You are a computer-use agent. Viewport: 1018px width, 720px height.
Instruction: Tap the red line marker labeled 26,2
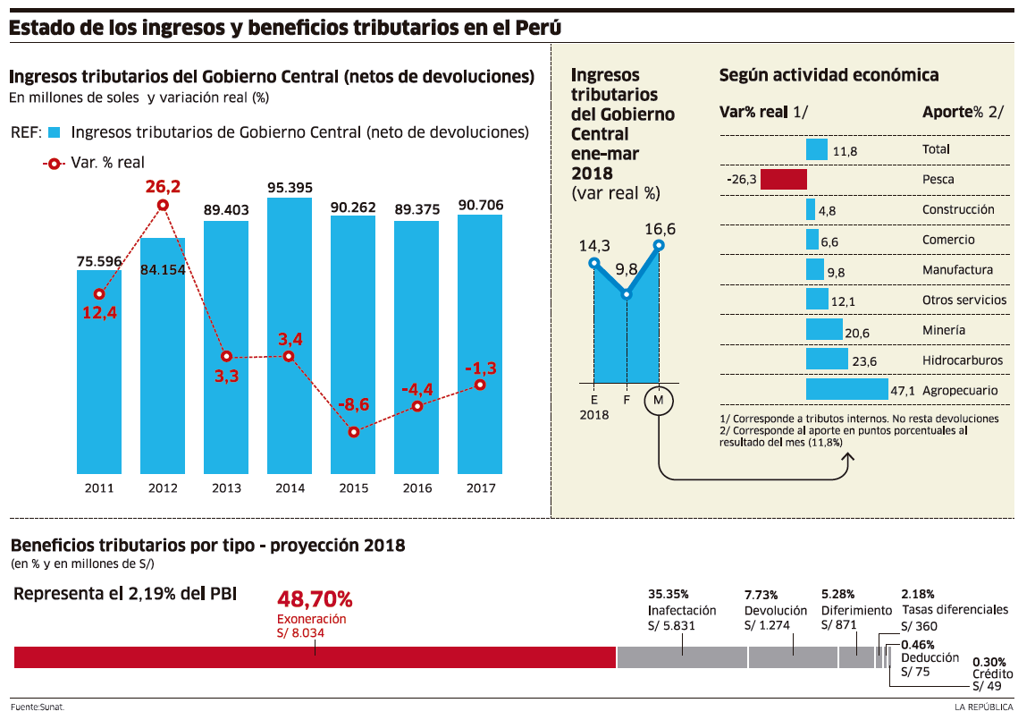coord(163,205)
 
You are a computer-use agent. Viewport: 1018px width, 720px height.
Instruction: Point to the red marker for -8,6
coord(354,432)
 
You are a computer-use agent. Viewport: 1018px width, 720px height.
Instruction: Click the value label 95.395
coord(290,188)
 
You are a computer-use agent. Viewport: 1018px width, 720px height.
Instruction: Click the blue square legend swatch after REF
coord(54,133)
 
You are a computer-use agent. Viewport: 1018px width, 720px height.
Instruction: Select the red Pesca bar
coord(783,179)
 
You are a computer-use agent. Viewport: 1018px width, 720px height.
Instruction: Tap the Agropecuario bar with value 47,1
coord(846,390)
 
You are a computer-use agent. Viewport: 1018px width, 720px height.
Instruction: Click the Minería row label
coord(944,330)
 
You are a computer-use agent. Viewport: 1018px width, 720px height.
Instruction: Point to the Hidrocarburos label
coord(962,360)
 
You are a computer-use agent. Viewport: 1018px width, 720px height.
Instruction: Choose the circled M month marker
coord(659,400)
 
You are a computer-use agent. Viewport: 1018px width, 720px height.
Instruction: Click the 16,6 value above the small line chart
coord(660,229)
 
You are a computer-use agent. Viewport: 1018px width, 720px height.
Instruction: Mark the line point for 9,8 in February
coord(627,293)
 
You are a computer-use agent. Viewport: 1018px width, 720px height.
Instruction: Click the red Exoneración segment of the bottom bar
coord(315,656)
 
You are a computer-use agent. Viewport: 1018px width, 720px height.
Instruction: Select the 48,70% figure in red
coord(315,598)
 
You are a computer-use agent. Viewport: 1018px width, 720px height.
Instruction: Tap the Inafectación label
coord(682,610)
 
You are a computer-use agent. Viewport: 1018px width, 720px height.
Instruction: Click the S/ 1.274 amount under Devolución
coord(767,625)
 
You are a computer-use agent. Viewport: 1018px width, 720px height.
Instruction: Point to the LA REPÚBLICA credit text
coord(983,707)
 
